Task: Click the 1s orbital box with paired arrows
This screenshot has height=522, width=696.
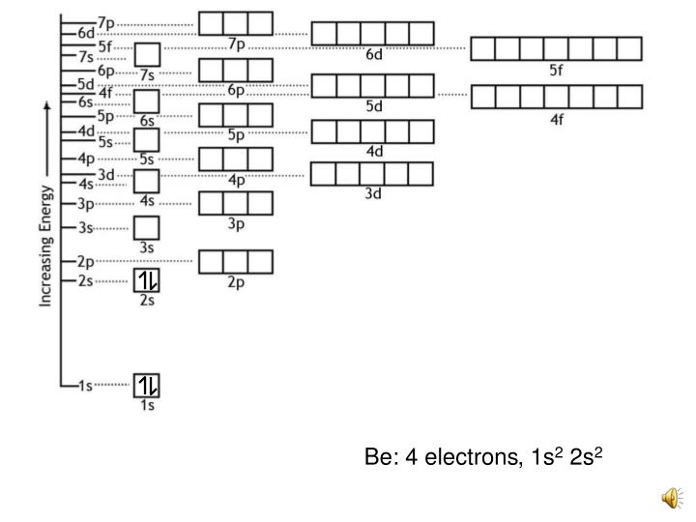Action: [x=147, y=385]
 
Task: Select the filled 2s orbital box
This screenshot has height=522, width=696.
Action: [x=147, y=280]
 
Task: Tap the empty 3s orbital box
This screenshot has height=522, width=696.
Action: [x=147, y=228]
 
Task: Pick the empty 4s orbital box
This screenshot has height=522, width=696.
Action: [x=147, y=181]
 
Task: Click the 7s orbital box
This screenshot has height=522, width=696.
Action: [x=147, y=55]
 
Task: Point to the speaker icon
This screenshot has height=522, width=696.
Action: [x=670, y=497]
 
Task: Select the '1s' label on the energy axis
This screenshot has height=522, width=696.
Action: [x=84, y=386]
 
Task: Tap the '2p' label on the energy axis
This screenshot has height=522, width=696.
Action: [x=84, y=261]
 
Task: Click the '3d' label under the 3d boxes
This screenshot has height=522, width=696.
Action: [x=373, y=193]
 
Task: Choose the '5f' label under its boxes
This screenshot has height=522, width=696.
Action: [x=555, y=70]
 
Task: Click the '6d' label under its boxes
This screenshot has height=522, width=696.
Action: [x=374, y=54]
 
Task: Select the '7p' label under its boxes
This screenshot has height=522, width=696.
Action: [x=236, y=43]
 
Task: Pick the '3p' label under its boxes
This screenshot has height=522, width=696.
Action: [x=236, y=223]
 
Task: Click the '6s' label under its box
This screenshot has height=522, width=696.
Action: [x=147, y=121]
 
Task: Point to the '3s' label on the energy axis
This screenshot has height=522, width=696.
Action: [x=84, y=228]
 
